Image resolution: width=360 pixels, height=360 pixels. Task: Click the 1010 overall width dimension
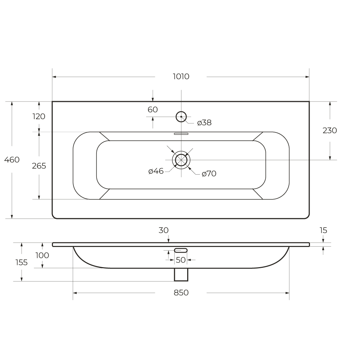pyautogui.click(x=181, y=76)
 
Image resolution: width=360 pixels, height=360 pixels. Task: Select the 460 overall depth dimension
pyautogui.click(x=12, y=159)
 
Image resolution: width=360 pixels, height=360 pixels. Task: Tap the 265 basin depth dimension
pyautogui.click(x=39, y=166)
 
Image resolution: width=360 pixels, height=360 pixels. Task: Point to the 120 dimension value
pyautogui.click(x=39, y=116)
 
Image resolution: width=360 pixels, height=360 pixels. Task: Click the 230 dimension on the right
pyautogui.click(x=330, y=130)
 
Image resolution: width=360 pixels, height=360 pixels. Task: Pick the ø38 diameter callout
pyautogui.click(x=204, y=123)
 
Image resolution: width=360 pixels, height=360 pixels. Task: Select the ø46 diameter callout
pyautogui.click(x=156, y=171)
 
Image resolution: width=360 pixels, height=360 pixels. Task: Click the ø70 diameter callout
pyautogui.click(x=209, y=174)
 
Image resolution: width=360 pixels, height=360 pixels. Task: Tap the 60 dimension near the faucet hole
pyautogui.click(x=153, y=109)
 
